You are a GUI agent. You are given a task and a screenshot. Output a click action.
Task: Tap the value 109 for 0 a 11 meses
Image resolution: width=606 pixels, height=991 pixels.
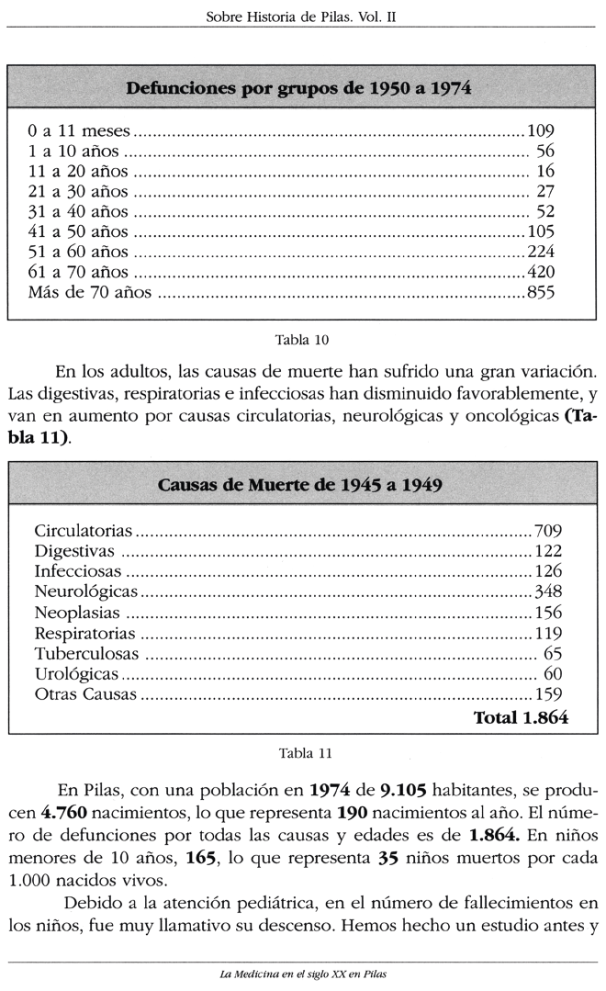pos(541,130)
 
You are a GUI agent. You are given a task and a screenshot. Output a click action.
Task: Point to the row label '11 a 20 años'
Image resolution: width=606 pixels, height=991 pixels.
pos(78,171)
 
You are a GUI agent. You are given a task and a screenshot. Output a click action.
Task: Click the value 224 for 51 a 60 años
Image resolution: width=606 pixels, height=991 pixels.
pos(541,252)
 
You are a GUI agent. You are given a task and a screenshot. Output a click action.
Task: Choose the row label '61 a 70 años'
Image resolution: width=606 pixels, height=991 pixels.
pos(78,272)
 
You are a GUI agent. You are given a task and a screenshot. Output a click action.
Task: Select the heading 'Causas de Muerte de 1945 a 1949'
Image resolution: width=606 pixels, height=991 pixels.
pos(301,485)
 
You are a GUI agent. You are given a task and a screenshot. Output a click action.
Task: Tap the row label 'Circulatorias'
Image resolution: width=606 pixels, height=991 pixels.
pos(84,531)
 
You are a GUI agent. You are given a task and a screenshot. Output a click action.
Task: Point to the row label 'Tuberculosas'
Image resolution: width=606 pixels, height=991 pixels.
pos(86,653)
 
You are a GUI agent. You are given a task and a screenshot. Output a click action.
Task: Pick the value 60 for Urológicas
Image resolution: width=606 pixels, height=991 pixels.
pos(553,673)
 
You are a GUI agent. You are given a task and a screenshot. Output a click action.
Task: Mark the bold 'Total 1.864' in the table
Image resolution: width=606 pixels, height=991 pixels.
pos(520,718)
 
